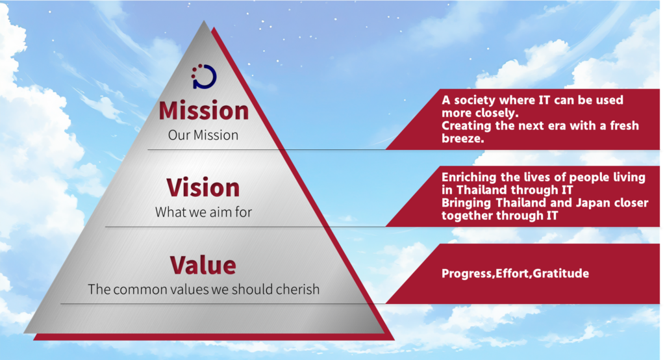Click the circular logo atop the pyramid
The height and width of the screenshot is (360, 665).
[204, 77]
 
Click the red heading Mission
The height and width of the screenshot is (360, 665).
[204, 110]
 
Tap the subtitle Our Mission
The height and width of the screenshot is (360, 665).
[203, 135]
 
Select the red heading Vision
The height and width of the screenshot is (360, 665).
[203, 188]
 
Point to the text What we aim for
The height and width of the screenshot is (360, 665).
[203, 212]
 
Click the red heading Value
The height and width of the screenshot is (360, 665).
[203, 265]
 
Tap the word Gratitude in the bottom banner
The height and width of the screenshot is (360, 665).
[562, 274]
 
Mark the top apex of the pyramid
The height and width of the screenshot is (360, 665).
[205, 21]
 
